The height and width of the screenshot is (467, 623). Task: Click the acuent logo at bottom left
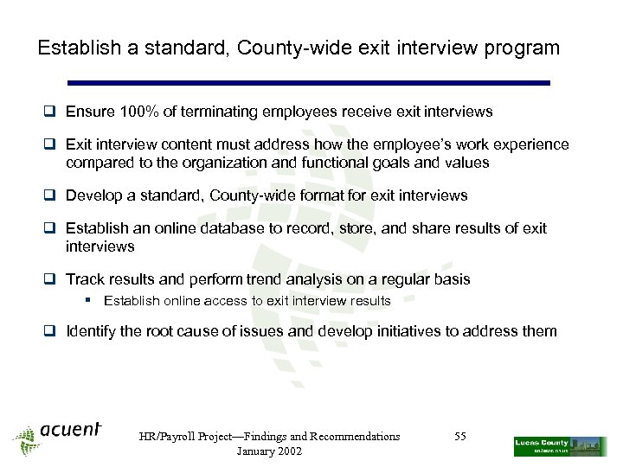coord(59,434)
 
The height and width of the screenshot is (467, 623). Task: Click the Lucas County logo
coord(559,446)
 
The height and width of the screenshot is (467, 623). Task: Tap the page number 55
coord(460,437)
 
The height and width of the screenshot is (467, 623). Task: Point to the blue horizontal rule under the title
coord(309,83)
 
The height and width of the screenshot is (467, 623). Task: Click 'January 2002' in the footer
coord(269,452)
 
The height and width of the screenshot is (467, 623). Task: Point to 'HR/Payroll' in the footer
coord(169,437)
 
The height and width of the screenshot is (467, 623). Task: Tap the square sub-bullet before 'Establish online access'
coord(90,301)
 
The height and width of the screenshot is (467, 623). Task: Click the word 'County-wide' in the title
coord(274,48)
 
